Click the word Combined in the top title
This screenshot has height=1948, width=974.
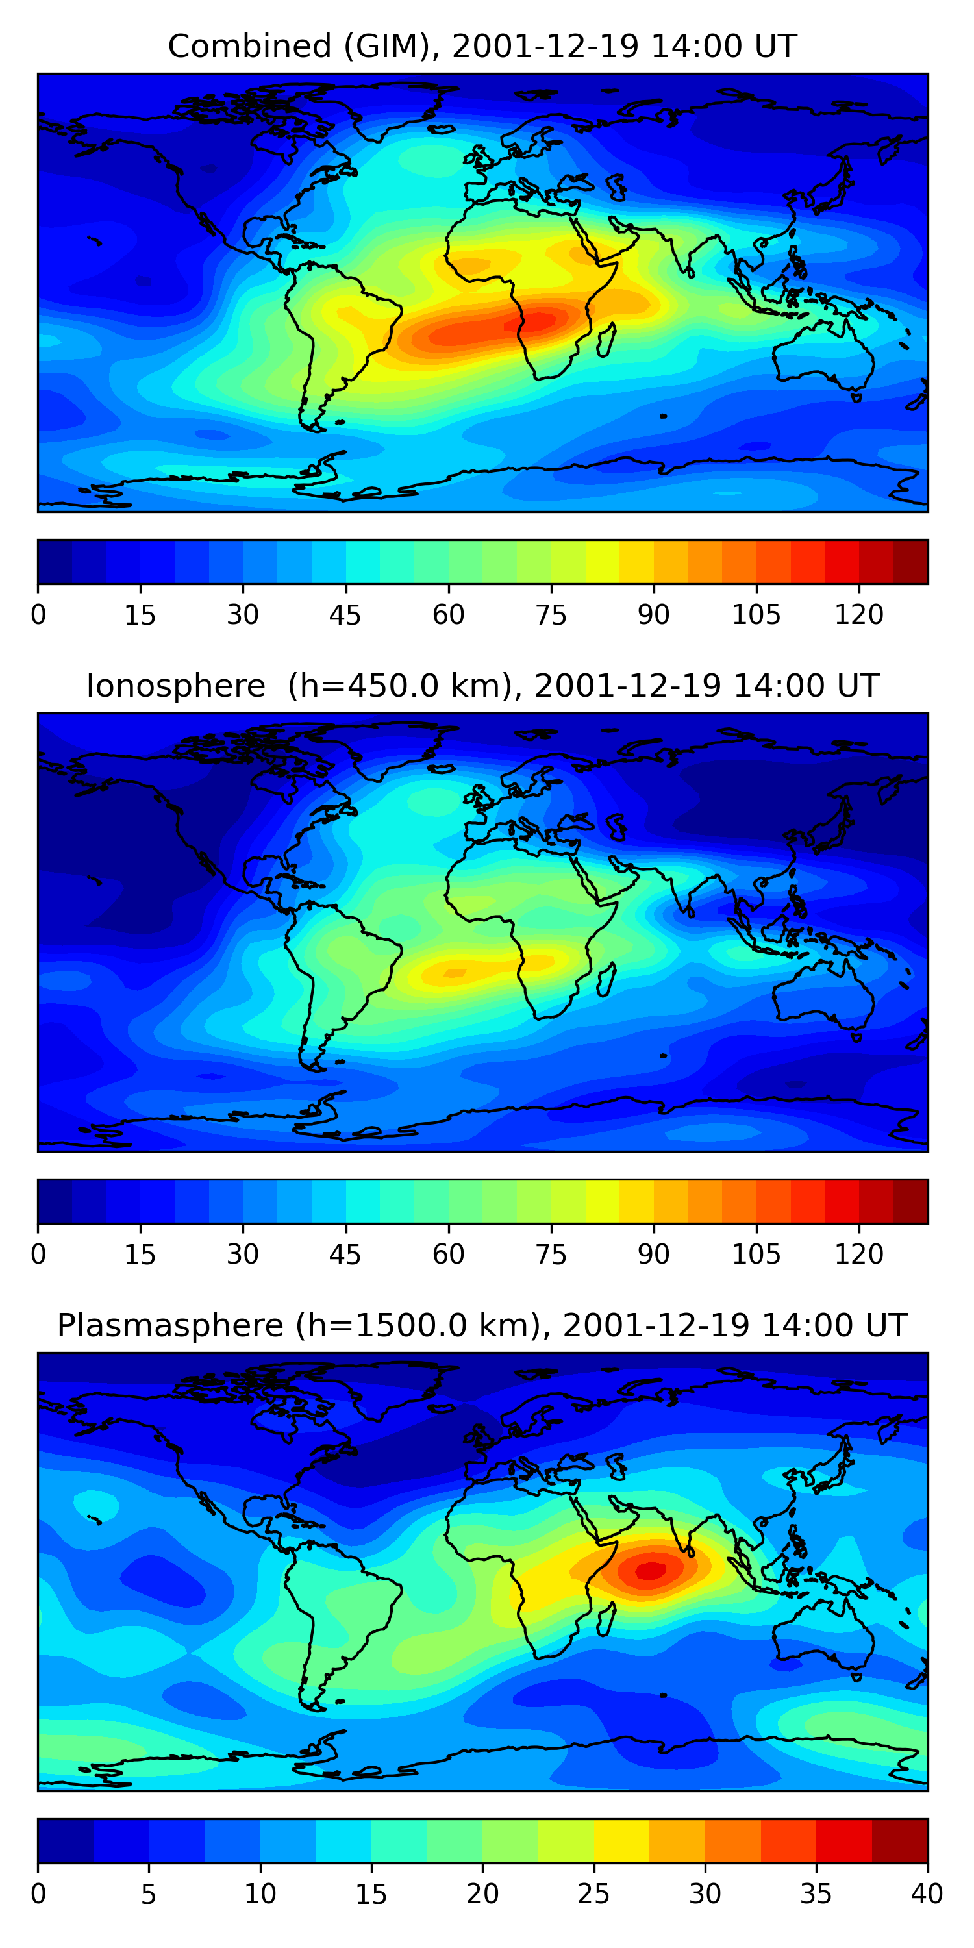click(249, 47)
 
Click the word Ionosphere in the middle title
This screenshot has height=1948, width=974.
click(175, 686)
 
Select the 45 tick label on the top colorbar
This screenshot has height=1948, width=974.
click(345, 615)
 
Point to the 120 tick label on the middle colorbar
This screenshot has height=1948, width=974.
click(859, 1255)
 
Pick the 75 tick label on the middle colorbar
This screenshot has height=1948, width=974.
click(551, 1255)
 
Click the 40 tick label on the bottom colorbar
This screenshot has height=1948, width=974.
click(927, 1893)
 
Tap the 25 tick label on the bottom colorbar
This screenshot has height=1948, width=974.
click(593, 1893)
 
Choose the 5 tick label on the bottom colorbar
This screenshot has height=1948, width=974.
click(148, 1893)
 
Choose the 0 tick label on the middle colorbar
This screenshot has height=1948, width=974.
click(38, 1255)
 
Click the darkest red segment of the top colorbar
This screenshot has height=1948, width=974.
click(910, 562)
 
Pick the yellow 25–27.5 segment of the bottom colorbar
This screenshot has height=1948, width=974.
click(621, 1841)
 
